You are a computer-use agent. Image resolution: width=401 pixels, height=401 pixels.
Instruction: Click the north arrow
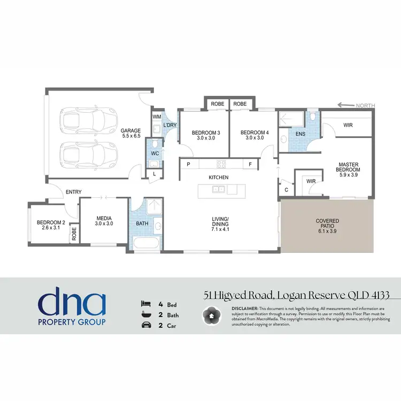[346, 105]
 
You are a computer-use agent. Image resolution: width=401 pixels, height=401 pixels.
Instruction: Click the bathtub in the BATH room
[145, 244]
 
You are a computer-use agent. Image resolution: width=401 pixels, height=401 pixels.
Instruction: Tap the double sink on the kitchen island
[218, 189]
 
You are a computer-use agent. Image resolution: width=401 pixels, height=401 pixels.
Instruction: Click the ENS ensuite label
[300, 134]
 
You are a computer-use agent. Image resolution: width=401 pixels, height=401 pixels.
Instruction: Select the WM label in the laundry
[157, 116]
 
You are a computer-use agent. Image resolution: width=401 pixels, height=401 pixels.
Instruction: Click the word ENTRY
[73, 192]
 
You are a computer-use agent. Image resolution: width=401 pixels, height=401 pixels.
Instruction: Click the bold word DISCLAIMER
[244, 309]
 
